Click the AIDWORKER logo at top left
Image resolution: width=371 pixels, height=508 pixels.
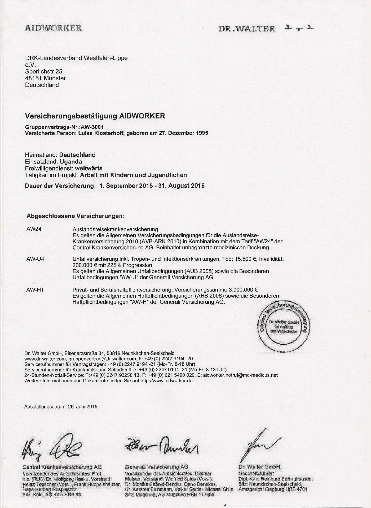53,28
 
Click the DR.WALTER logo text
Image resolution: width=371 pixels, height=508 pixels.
246,29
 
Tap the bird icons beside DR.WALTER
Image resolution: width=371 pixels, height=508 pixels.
300,28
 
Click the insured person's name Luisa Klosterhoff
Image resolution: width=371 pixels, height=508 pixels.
101,133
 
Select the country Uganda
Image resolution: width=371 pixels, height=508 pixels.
71,162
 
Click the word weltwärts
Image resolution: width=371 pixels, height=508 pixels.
89,168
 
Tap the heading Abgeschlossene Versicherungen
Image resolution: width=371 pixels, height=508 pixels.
75,216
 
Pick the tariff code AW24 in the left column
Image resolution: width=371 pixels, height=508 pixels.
34,229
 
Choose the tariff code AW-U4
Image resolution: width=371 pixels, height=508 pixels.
35,259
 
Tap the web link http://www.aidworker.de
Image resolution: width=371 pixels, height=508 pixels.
166,381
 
